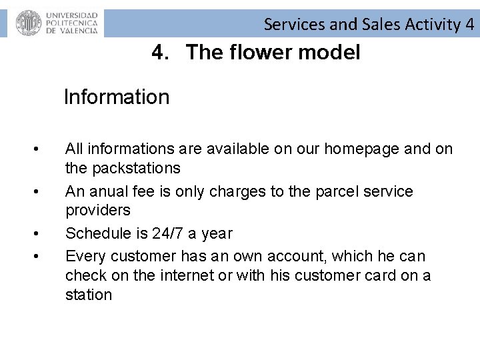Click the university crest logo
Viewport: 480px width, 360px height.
coord(29,23)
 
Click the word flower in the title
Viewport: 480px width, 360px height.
coord(256,52)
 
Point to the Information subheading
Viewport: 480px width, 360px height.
coord(117,97)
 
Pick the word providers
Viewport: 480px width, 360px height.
coord(97,211)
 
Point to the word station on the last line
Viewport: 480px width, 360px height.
coord(89,295)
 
